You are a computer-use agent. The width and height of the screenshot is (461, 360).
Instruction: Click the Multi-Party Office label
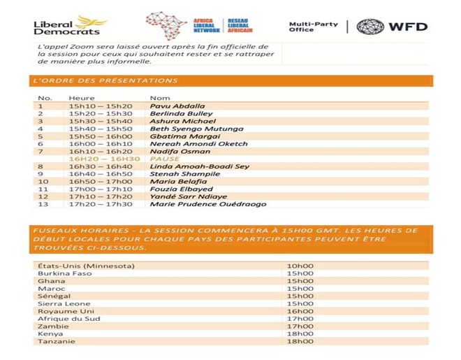[314, 27]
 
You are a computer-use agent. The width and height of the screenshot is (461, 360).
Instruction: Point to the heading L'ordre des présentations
[104, 80]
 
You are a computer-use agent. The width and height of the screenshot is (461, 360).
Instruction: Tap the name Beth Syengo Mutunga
[197, 129]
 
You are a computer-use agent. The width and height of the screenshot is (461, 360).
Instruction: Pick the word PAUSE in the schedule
[166, 159]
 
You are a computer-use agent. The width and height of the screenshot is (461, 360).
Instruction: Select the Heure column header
[82, 98]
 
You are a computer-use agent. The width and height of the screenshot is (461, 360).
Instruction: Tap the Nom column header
[160, 98]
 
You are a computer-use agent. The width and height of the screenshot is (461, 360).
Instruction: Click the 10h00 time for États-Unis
[300, 266]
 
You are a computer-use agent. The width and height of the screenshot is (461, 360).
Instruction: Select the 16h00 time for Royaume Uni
[300, 311]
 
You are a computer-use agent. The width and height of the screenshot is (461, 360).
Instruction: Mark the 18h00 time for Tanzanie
[300, 341]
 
